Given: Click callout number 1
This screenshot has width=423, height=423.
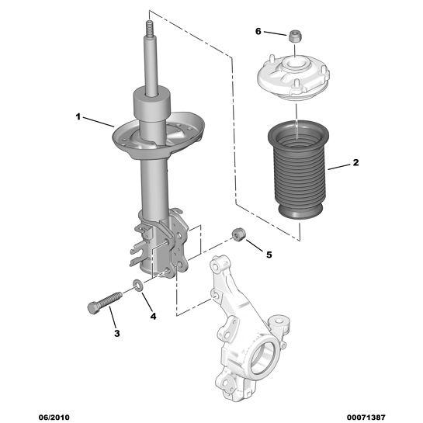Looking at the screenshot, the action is click(78, 117).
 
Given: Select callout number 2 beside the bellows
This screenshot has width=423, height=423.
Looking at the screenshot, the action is click(355, 162).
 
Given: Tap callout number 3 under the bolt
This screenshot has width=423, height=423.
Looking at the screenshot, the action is click(117, 333).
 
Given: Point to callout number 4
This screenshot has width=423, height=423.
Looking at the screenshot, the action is click(153, 316).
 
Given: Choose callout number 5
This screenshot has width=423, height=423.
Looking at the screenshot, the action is click(269, 255).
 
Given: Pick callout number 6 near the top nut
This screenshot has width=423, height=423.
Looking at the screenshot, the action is click(258, 32).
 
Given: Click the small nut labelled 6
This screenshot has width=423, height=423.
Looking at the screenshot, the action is click(295, 36).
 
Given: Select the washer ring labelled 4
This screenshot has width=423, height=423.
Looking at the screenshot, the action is click(138, 286).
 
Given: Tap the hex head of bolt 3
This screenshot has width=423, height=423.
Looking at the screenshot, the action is click(93, 308).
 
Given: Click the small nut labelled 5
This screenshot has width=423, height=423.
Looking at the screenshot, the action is click(239, 234).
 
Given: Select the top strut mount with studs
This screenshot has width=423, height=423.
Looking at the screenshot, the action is click(294, 78).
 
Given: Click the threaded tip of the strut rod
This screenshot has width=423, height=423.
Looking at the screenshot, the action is click(150, 28).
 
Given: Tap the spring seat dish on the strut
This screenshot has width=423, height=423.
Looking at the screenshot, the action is click(158, 136).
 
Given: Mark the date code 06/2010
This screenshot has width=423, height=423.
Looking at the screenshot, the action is click(54, 417).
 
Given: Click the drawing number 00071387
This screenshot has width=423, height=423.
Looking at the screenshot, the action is click(366, 417).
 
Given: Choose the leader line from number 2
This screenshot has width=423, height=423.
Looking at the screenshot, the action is click(339, 167).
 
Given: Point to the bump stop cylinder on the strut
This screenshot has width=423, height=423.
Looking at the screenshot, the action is click(152, 105).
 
